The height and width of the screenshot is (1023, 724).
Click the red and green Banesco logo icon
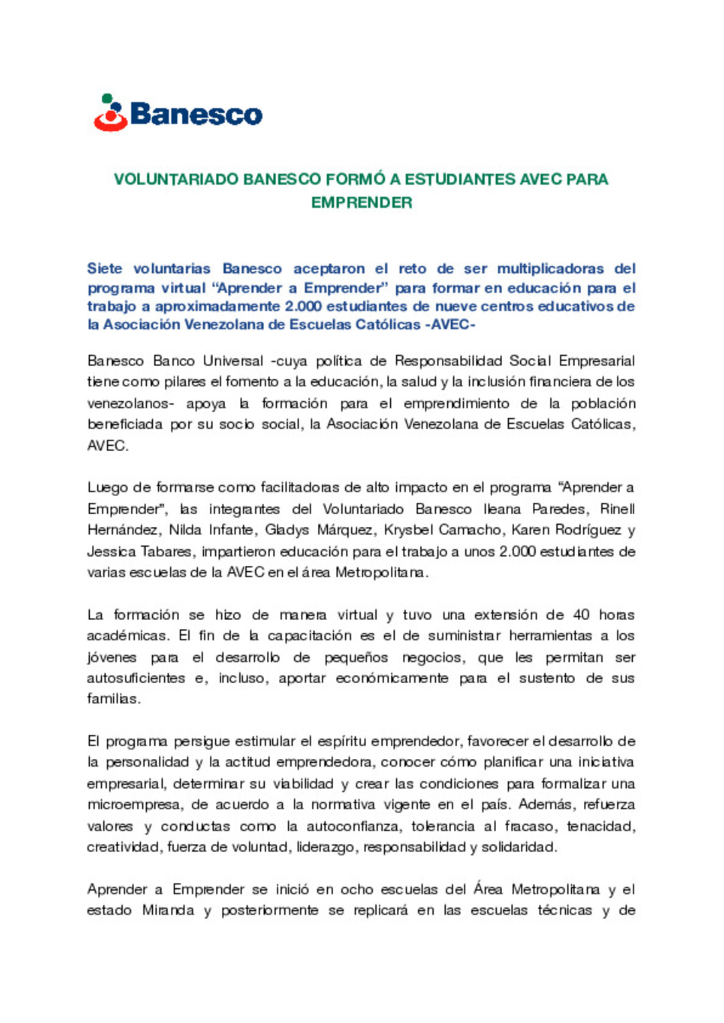111,113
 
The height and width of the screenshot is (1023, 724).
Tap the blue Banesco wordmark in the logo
196,115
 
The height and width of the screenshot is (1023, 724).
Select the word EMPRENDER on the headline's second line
361,202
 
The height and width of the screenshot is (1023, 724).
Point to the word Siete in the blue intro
105,269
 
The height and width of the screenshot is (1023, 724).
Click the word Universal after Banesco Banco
233,361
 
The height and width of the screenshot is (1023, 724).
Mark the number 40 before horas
581,615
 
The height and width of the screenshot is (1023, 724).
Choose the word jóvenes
111,658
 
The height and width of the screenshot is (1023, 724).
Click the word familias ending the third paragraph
113,699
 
